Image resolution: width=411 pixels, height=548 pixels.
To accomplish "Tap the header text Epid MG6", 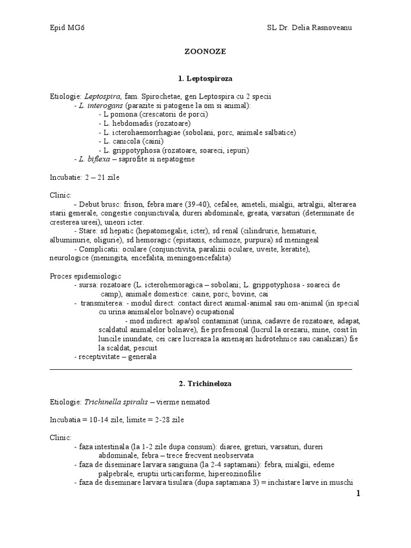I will click(66, 27).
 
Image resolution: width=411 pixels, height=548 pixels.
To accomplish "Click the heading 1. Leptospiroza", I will click(205, 78).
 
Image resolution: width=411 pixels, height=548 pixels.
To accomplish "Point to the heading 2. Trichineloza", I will click(205, 384).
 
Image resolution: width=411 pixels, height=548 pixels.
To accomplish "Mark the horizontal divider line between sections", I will click(201, 369).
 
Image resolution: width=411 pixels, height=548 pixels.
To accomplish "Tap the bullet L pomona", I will click(123, 115).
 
